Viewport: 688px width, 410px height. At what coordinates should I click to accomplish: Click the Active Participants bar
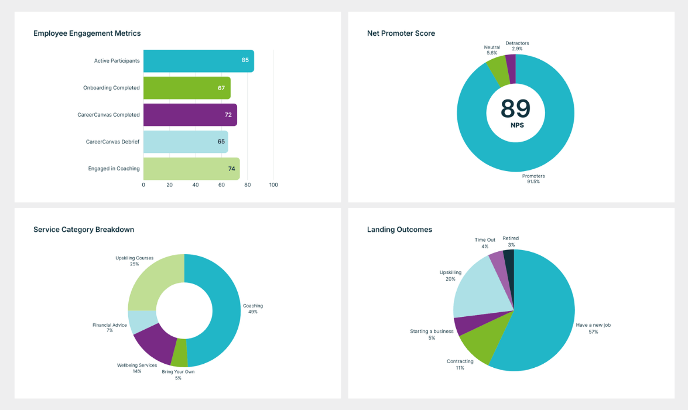[x=198, y=61]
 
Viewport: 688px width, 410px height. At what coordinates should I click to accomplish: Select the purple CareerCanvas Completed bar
[x=190, y=115]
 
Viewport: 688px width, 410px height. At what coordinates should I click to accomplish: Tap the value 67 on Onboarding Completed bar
[x=221, y=88]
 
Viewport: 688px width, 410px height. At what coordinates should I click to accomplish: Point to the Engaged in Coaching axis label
[x=114, y=169]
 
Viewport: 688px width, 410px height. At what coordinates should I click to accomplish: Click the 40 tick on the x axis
[x=196, y=185]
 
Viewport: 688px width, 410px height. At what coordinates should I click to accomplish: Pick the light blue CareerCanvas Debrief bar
[x=185, y=142]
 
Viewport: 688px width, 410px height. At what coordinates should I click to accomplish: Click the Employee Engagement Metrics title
[x=87, y=33]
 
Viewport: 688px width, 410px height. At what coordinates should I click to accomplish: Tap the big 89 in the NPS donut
[x=515, y=109]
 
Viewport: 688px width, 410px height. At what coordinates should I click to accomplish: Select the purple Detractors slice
[x=511, y=61]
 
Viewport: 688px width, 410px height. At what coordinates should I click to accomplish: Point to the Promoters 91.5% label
[x=533, y=179]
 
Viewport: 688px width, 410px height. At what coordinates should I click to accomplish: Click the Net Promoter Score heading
[x=401, y=33]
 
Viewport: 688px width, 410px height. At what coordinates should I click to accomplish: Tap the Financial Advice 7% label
[x=109, y=328]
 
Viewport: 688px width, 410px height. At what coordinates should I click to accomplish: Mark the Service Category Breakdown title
[x=84, y=230]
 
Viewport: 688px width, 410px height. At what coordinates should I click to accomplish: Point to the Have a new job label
[x=593, y=325]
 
